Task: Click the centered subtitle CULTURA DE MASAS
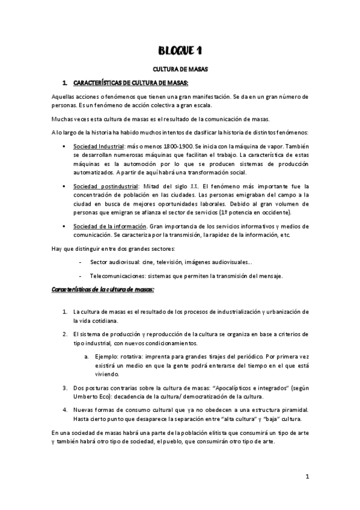(x=180, y=70)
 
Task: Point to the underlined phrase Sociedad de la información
(x=109, y=226)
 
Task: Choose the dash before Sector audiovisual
(x=81, y=262)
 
